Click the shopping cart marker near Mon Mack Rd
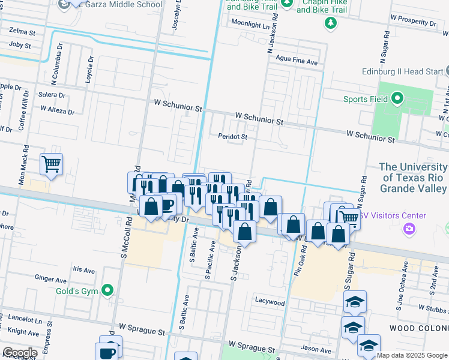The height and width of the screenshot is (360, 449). [x=51, y=163]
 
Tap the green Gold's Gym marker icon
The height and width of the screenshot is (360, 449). [x=107, y=291]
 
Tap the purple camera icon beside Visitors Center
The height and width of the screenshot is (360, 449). [x=410, y=228]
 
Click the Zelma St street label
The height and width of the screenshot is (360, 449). [x=22, y=31]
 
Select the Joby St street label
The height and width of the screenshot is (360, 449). [x=20, y=45]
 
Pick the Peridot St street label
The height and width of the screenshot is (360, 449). [x=232, y=137]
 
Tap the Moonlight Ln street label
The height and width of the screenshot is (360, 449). [x=250, y=25]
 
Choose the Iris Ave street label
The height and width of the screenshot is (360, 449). [x=83, y=269]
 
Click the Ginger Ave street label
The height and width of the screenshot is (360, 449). [x=50, y=280]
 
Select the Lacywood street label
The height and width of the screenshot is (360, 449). [x=270, y=302]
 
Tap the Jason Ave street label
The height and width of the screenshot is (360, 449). [x=316, y=349]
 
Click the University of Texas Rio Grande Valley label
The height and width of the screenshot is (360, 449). [x=413, y=178]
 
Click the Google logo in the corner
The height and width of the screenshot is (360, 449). [x=20, y=353]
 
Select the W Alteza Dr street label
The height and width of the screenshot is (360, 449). [x=58, y=111]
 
